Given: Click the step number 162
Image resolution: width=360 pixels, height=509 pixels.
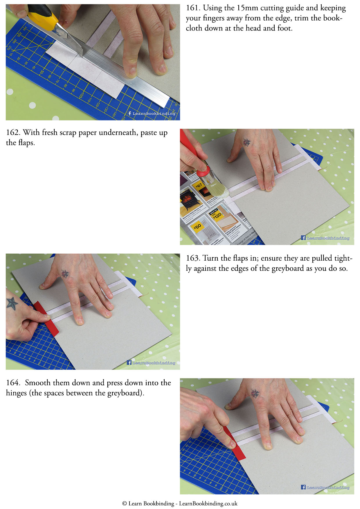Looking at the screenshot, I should point(13,133).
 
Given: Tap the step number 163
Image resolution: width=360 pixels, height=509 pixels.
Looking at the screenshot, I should point(193,258).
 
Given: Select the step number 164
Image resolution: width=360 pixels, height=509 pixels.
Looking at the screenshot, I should point(13,383).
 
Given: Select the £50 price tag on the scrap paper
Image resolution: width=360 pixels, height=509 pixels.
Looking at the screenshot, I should point(197,227).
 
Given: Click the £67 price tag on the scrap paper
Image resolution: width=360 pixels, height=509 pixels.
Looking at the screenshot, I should point(199,185).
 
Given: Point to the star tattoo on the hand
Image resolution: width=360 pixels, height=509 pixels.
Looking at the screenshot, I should point(12,303).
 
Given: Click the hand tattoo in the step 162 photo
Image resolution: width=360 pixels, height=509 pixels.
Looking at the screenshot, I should point(247,142).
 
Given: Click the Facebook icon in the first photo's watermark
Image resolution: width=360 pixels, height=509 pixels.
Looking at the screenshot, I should point(129,113).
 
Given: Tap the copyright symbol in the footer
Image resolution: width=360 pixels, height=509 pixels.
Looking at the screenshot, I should point(125,503).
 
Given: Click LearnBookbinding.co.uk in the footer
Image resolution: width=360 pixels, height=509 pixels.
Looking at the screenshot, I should point(208,503).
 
